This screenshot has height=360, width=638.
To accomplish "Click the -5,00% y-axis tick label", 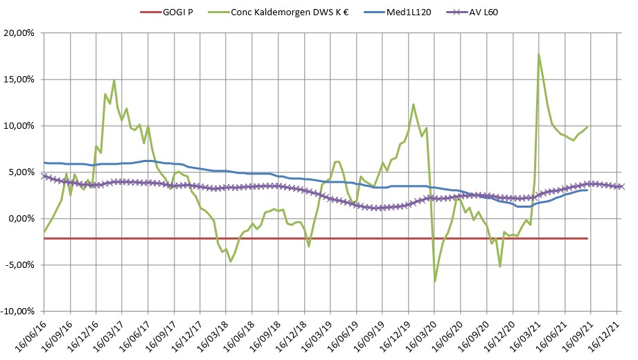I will [x=19, y=265].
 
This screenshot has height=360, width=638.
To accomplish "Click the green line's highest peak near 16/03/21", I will [x=539, y=54].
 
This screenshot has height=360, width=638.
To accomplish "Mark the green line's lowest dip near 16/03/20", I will [x=435, y=281].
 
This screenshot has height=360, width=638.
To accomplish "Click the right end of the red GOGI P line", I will [x=587, y=238].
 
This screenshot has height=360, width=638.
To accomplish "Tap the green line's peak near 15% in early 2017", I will [x=114, y=80].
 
